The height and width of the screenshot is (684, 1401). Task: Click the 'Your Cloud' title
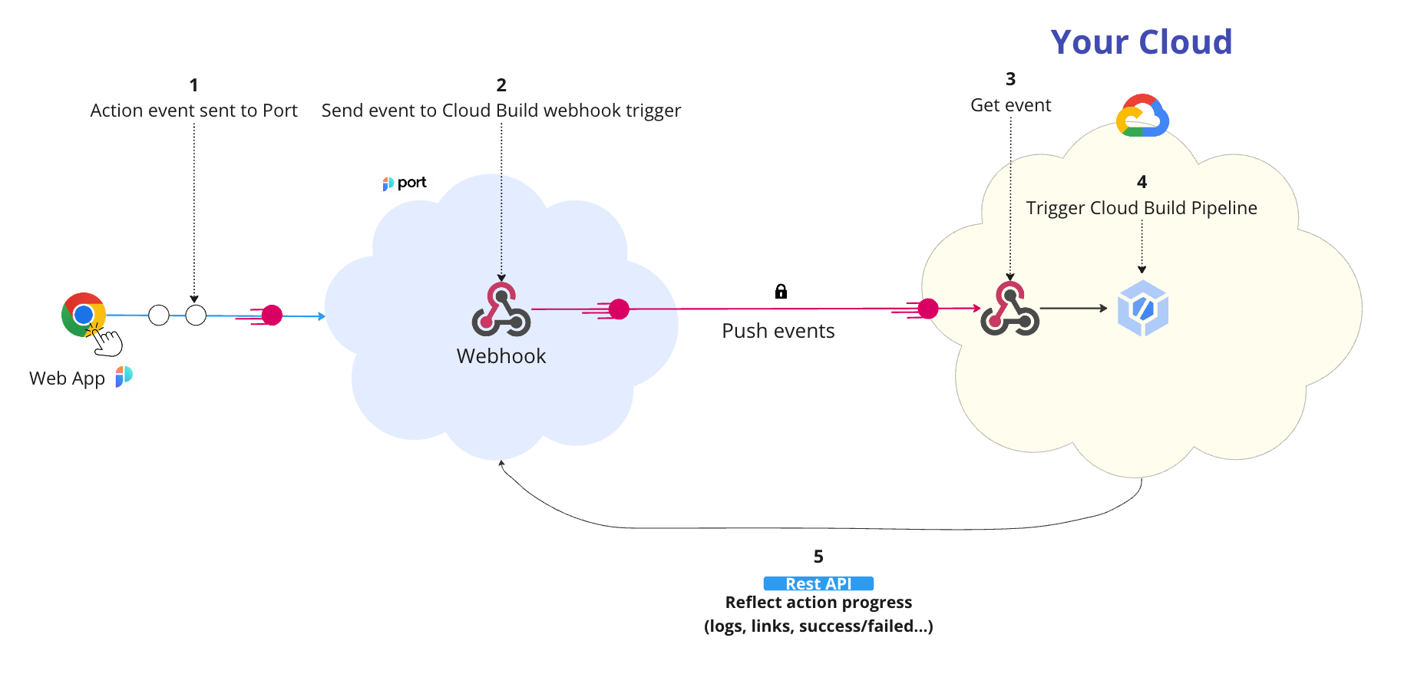point(1141,42)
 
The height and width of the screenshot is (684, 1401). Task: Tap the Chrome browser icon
point(83,314)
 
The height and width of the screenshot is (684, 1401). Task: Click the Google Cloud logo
point(1142,116)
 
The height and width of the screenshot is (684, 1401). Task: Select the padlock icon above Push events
point(781,291)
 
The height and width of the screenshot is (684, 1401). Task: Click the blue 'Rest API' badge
point(818,583)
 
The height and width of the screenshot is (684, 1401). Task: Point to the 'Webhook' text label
point(501,356)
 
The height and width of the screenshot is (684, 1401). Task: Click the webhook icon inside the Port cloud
point(501,309)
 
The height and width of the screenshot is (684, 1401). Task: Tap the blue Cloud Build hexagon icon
point(1142,309)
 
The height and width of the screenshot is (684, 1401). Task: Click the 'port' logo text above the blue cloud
point(411,183)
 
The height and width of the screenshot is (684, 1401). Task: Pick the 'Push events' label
point(778,331)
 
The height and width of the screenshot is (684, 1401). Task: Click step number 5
point(818,557)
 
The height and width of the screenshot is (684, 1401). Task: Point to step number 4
point(1142,182)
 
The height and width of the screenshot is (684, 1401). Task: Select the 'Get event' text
point(1010,105)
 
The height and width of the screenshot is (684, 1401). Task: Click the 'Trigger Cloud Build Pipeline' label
point(1141,208)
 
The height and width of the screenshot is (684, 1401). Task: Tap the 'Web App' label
point(67,378)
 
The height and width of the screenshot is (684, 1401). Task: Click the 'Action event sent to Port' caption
point(193,111)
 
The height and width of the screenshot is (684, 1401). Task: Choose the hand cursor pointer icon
point(107,342)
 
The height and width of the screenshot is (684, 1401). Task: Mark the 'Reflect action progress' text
point(818,603)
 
